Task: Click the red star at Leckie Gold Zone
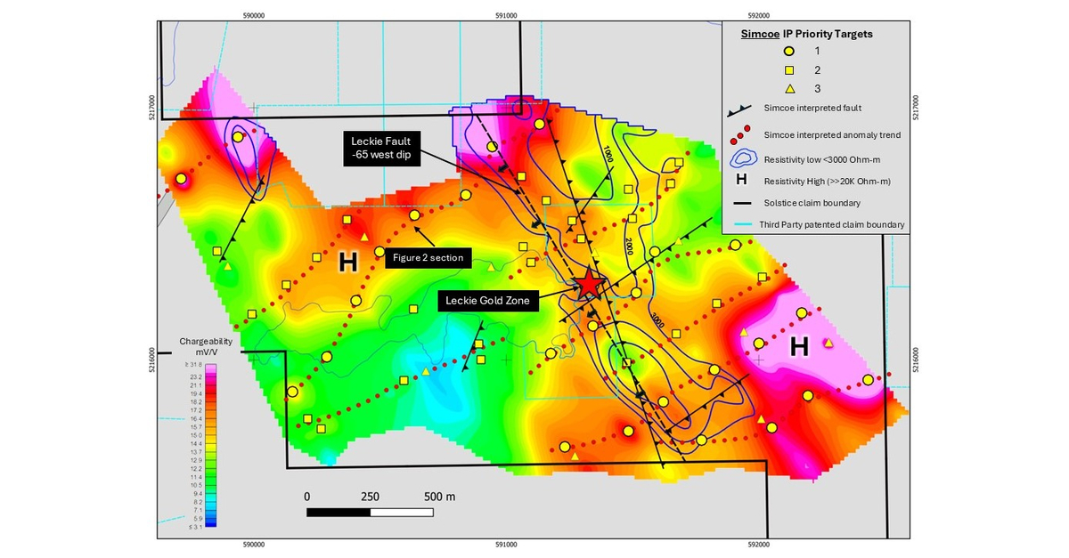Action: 589,285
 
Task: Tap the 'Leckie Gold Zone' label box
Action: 488,301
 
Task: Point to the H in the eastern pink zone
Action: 799,348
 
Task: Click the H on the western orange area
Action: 347,263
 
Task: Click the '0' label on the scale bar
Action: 307,496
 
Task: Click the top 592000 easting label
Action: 758,13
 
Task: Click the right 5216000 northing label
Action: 918,360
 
